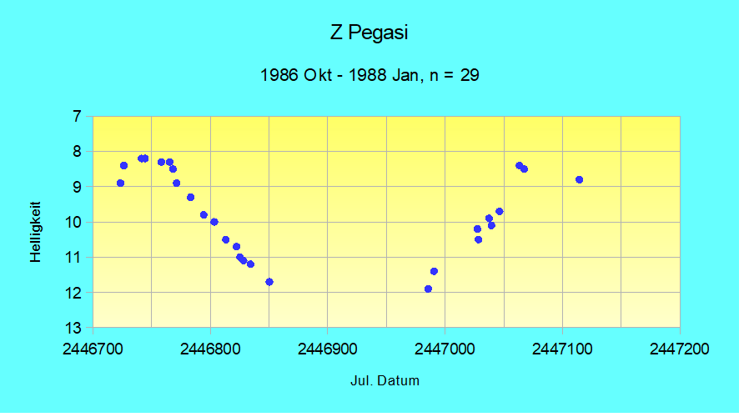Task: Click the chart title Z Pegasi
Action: coord(369,33)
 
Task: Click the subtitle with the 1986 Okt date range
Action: coord(369,75)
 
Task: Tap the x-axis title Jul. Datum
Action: coord(385,381)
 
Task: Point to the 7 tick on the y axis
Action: coord(76,116)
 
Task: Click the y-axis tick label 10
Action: coord(73,222)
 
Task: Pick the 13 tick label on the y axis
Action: coord(73,327)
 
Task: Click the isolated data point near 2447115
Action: coord(579,179)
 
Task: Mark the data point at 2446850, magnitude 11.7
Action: coord(269,282)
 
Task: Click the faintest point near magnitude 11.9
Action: coord(428,289)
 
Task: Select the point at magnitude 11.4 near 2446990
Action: coord(434,271)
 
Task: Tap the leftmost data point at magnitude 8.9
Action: coord(120,183)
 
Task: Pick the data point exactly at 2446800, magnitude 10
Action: coord(214,222)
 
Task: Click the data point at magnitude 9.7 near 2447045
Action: coord(499,211)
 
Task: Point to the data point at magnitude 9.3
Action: coord(190,197)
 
